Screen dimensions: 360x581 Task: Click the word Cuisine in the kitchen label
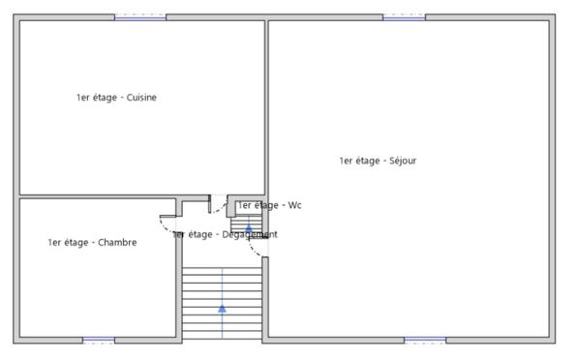[x=141, y=97]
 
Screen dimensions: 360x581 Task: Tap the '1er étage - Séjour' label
[x=378, y=161]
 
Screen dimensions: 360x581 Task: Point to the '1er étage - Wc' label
[x=270, y=205]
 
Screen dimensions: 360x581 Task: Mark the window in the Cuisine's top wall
[x=140, y=16]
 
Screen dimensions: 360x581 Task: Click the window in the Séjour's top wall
[x=404, y=16]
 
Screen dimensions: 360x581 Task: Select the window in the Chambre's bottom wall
[x=98, y=340]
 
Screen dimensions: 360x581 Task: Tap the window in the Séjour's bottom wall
[x=424, y=340]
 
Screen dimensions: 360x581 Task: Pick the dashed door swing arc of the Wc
[x=220, y=208]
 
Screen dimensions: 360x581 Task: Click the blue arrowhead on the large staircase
[x=222, y=309]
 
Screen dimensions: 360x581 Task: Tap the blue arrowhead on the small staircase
[x=248, y=228]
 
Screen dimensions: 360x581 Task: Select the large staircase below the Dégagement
[x=222, y=300]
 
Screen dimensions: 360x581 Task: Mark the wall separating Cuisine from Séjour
[x=266, y=106]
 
